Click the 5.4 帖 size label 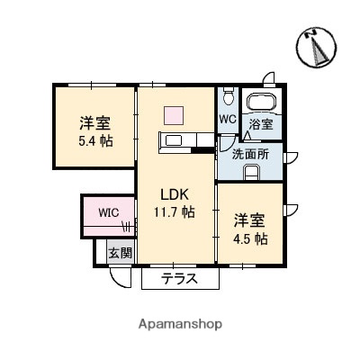(94, 141)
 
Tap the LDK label (173, 194)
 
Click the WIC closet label (108, 213)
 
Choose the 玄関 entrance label (120, 254)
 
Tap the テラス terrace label (180, 280)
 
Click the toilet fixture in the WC (228, 95)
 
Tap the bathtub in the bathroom (263, 101)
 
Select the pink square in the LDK (173, 113)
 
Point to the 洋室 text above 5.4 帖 (94, 124)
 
